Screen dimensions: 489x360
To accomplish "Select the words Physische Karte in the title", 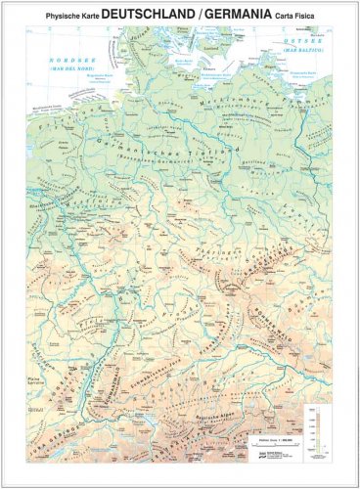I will click(65, 16).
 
